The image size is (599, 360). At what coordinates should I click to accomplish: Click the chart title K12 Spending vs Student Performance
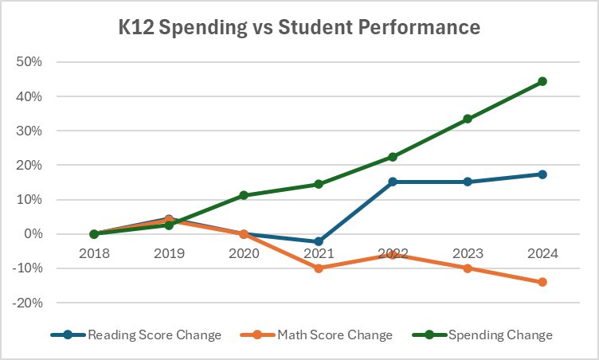(x=299, y=29)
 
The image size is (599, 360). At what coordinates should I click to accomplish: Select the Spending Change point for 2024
(x=542, y=81)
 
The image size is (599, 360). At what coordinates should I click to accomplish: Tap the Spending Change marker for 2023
(x=468, y=119)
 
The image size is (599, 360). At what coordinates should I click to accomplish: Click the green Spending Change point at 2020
(x=244, y=195)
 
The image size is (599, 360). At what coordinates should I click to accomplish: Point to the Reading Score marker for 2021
(x=319, y=241)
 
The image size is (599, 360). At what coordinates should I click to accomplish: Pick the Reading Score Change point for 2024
(x=542, y=174)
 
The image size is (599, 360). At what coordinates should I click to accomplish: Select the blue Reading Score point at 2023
(x=468, y=182)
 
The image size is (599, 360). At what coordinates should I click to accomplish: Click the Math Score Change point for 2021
(x=319, y=268)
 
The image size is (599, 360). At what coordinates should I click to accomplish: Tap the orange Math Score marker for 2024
(x=542, y=282)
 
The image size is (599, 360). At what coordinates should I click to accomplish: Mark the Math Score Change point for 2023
(x=468, y=268)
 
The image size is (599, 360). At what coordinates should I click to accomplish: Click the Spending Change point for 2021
(x=319, y=184)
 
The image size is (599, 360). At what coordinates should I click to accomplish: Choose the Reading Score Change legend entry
(x=135, y=335)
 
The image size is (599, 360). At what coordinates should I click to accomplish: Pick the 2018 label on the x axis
(x=95, y=253)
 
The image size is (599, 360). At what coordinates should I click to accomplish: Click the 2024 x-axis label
(x=542, y=253)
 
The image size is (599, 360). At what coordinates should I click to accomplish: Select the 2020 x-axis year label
(x=244, y=253)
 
